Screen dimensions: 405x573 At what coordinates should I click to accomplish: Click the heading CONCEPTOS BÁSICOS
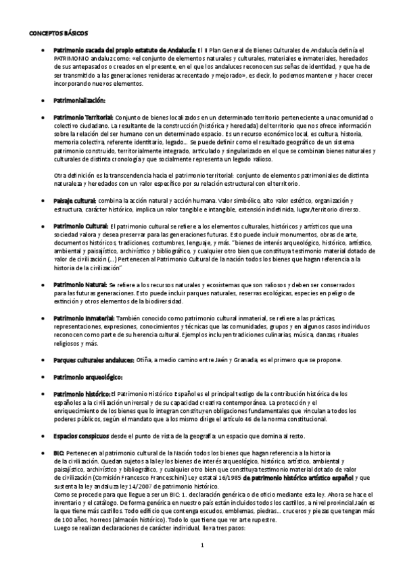[x=59, y=32]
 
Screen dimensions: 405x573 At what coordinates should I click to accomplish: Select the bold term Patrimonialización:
[x=80, y=100]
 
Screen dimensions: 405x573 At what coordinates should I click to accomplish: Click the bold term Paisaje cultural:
[x=75, y=201]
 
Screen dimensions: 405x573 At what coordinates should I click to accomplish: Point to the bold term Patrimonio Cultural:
[x=80, y=226]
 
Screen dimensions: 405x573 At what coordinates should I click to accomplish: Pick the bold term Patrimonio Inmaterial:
[x=85, y=318]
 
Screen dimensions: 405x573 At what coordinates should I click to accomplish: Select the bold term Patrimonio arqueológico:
[x=87, y=376]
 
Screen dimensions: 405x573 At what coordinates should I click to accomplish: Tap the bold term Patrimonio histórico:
[x=82, y=393]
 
